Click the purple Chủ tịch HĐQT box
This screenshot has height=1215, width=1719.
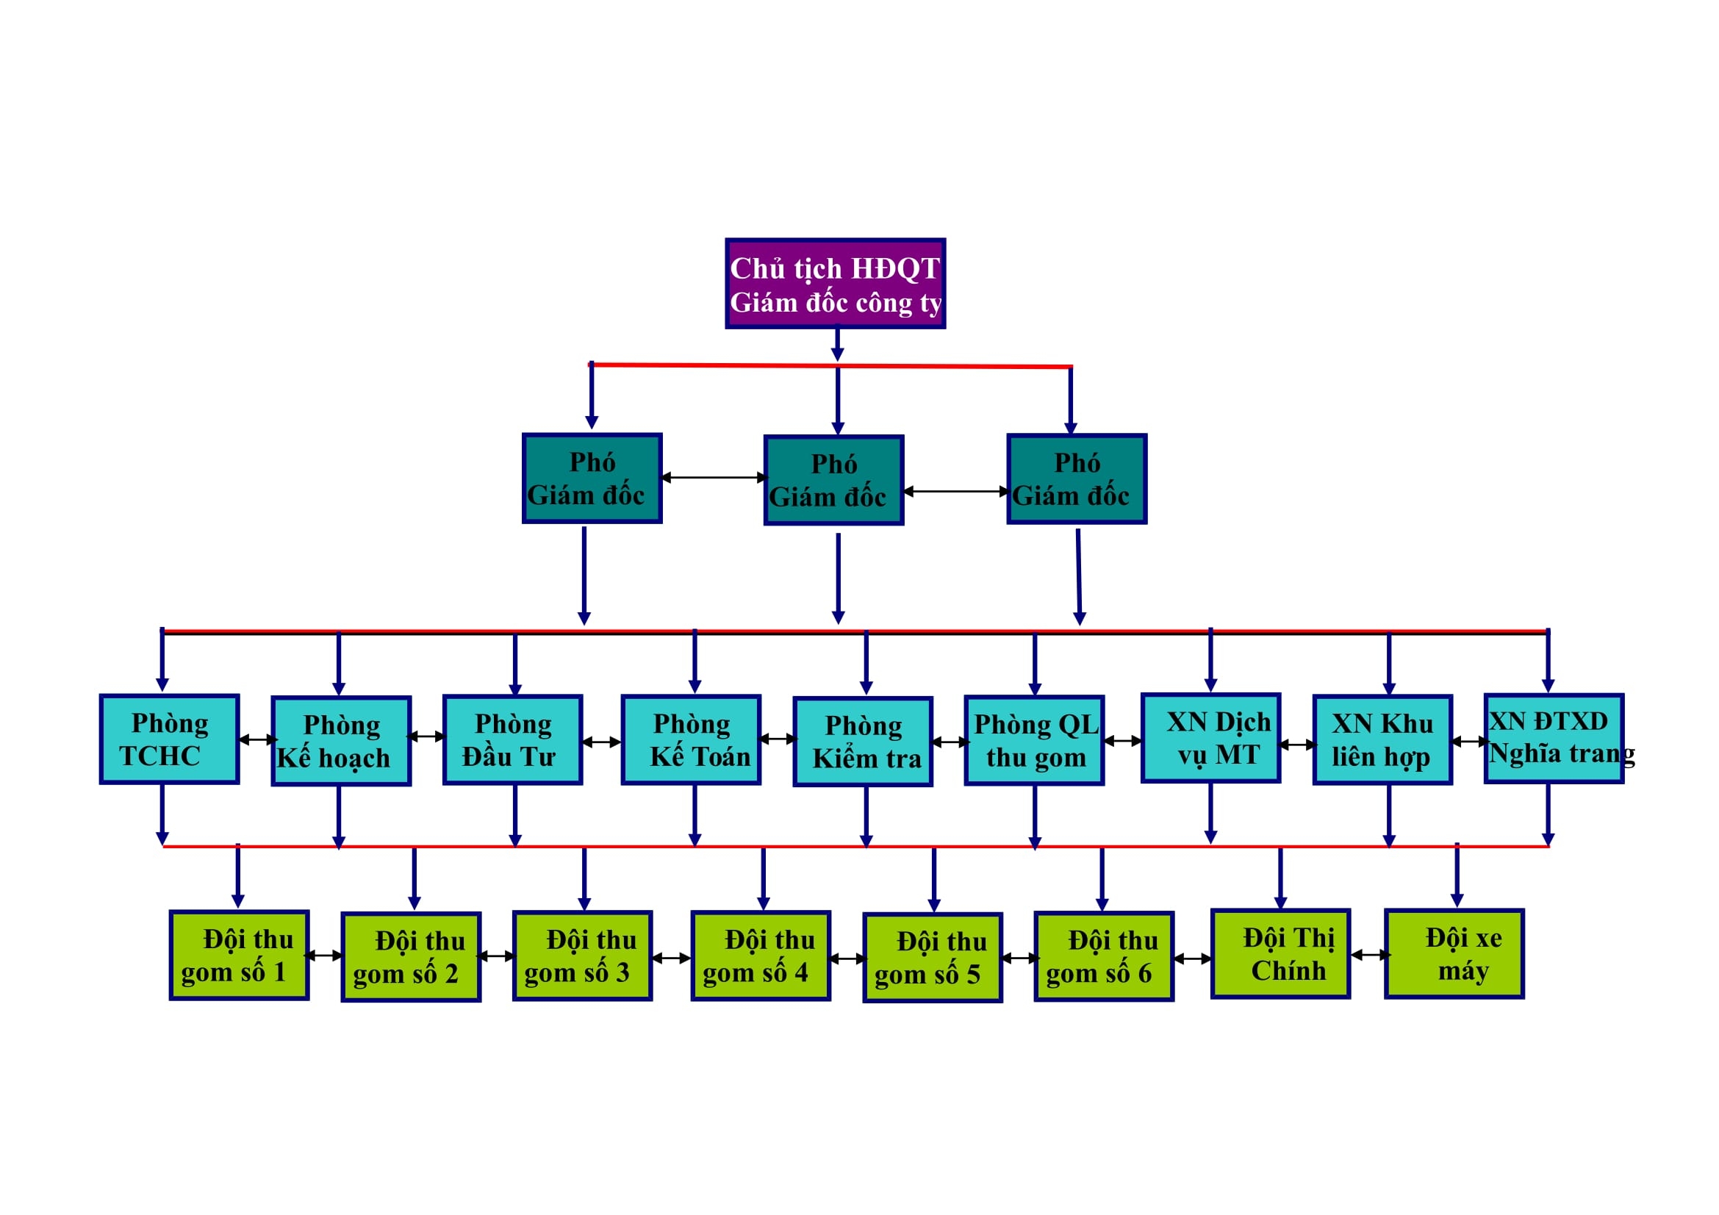point(835,284)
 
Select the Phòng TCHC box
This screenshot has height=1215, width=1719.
point(169,739)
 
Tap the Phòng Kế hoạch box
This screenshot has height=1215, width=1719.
point(341,741)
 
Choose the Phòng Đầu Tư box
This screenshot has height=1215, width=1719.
point(512,739)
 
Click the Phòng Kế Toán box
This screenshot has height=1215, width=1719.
point(691,739)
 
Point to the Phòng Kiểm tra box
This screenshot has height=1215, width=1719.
point(863,742)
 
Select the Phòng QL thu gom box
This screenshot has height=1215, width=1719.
point(1034,740)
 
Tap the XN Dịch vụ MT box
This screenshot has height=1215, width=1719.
point(1210,738)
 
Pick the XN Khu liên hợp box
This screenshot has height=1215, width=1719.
point(1382,739)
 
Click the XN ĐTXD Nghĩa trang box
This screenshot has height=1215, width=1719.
point(1554,739)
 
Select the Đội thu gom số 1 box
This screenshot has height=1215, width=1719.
point(239,956)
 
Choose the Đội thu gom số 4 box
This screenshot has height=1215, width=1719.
point(761,956)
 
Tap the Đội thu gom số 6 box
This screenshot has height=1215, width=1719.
point(1104,957)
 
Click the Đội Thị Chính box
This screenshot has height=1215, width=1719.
point(1280,954)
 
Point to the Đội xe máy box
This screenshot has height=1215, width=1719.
point(1454,954)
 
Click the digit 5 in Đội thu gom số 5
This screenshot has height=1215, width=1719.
point(972,975)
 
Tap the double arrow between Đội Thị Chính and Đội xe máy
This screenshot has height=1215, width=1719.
point(1370,955)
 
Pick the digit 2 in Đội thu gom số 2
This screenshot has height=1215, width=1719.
point(451,974)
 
